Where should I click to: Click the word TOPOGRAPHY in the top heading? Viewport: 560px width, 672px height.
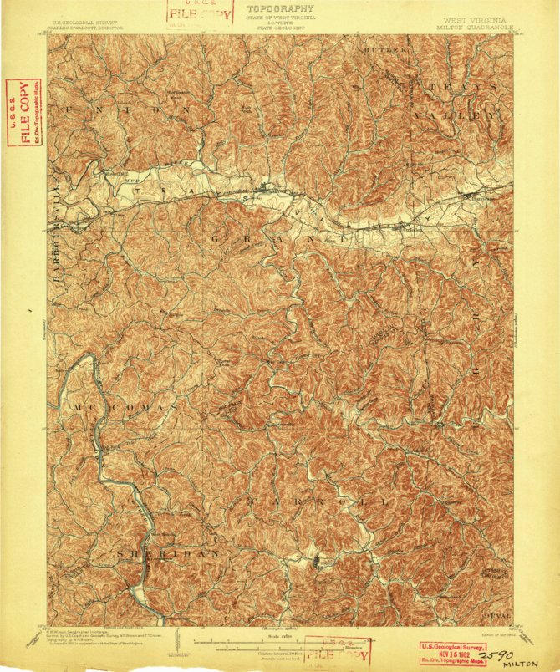point(280,8)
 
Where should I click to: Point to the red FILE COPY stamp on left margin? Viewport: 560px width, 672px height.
point(20,111)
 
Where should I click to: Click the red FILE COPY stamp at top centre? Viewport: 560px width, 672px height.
point(190,13)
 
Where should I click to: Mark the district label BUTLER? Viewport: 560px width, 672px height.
point(385,51)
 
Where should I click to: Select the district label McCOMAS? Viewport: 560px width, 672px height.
point(125,407)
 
